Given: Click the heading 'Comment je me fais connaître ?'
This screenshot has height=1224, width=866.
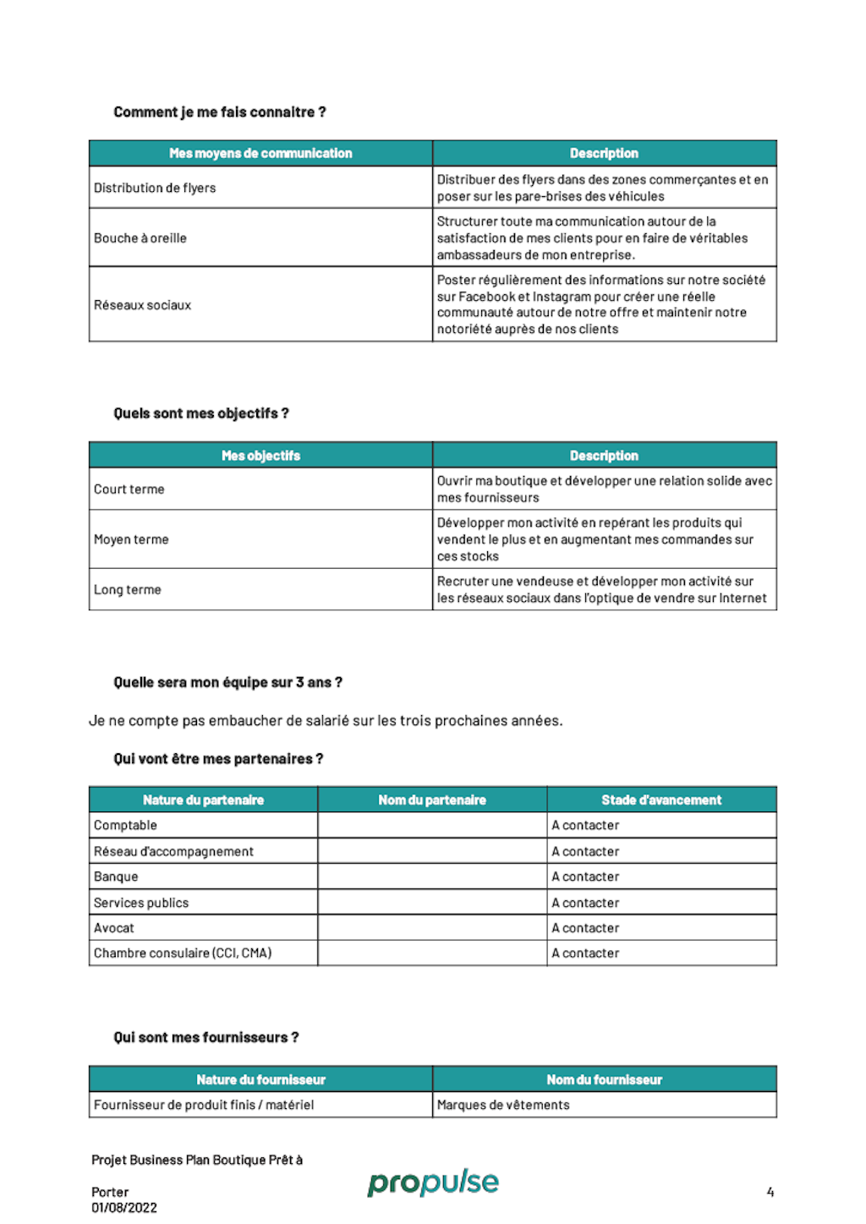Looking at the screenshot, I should [x=219, y=112].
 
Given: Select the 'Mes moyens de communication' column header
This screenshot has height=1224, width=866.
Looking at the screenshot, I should [x=260, y=153].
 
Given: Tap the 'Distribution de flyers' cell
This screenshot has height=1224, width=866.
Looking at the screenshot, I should [x=155, y=188].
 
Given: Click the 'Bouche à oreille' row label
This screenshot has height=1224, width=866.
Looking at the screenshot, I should [x=140, y=238].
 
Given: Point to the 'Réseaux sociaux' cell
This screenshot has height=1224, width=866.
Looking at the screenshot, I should [x=143, y=305].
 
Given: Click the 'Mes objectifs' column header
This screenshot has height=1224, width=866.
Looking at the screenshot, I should [x=260, y=456].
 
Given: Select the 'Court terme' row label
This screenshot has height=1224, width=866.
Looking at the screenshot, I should [x=129, y=489].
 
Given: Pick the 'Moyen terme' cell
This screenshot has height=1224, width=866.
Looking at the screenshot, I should [x=131, y=539].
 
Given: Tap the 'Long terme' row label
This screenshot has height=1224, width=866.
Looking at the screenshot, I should [x=128, y=590].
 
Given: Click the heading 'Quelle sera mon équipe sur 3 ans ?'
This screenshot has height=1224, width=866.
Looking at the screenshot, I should [x=227, y=682].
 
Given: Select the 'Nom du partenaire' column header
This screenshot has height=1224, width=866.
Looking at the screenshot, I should [x=432, y=800].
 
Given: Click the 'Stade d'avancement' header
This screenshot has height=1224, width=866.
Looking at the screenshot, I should [x=661, y=800].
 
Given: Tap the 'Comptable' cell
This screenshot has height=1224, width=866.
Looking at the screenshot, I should [x=125, y=825].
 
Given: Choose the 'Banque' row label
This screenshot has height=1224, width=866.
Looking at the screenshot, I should [x=116, y=877].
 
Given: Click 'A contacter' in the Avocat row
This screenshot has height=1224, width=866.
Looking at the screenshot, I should [x=585, y=928].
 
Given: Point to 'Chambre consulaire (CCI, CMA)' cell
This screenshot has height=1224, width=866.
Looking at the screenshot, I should [x=183, y=954].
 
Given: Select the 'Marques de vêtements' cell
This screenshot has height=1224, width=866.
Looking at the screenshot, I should [x=503, y=1105].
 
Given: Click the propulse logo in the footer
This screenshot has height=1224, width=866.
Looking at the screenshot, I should [x=433, y=1183].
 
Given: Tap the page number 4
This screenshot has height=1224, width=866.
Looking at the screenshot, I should [x=770, y=1192].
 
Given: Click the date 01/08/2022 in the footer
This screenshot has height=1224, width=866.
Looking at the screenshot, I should [x=124, y=1208].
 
